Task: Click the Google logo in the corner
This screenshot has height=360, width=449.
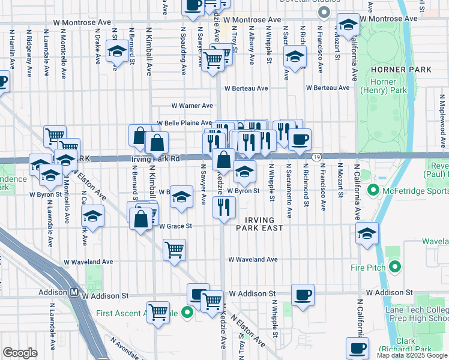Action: [20, 353]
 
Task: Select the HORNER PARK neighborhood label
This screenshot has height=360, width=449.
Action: [405, 70]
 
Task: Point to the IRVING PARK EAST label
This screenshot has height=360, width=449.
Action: [259, 223]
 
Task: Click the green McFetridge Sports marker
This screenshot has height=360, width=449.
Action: [374, 191]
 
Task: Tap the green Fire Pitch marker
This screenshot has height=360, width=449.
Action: [395, 266]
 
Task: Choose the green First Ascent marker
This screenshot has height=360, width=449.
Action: [187, 313]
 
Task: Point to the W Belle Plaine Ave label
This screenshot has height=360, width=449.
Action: [184, 122]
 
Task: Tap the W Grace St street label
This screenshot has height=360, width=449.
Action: [175, 226]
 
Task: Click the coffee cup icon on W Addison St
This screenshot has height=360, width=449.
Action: [303, 295]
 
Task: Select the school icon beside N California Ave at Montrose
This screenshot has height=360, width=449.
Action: [348, 25]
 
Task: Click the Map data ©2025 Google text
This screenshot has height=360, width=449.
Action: [412, 355]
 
